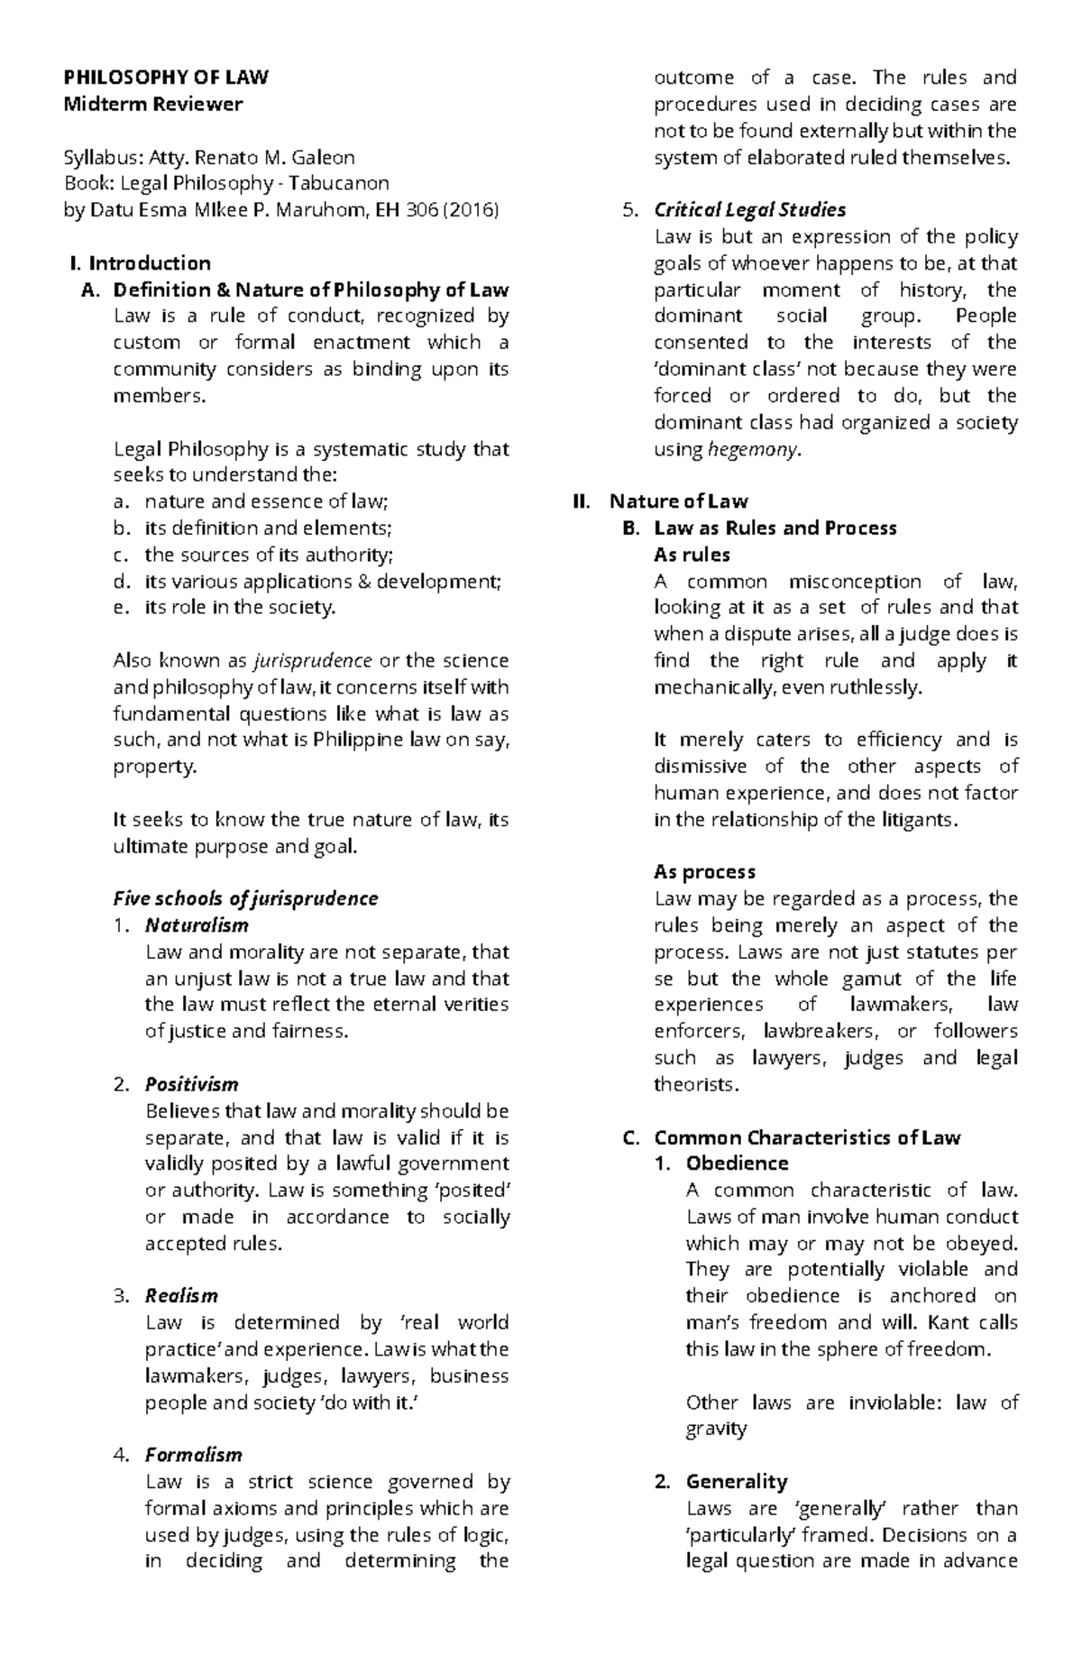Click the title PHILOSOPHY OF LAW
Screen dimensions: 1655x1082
[166, 78]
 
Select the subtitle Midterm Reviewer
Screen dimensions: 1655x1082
[152, 104]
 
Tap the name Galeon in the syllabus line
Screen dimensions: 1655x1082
[323, 157]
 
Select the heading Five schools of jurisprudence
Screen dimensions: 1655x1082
[245, 898]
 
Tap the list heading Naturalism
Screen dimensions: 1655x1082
[197, 925]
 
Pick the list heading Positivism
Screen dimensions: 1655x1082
[192, 1084]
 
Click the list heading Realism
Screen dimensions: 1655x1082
[181, 1296]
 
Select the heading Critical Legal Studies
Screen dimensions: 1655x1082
[749, 210]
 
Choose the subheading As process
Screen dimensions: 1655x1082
[704, 872]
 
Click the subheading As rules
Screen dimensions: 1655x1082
[692, 555]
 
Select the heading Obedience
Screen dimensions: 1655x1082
[737, 1163]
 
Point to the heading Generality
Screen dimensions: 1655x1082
[736, 1481]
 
